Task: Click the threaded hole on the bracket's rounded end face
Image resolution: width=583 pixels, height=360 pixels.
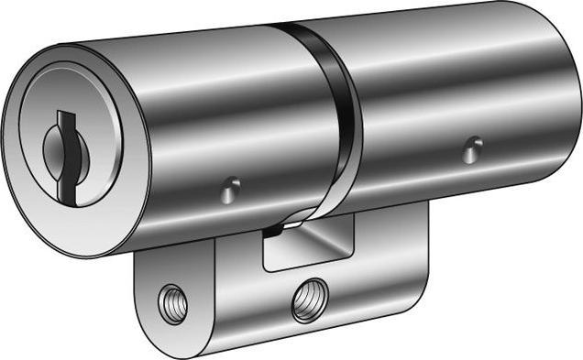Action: click(x=172, y=303)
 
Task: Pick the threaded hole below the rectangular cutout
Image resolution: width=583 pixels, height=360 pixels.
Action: click(x=310, y=299)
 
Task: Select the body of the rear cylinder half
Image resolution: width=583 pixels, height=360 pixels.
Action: click(x=431, y=92)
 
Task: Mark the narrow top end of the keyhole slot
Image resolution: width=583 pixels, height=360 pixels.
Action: click(x=63, y=117)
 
